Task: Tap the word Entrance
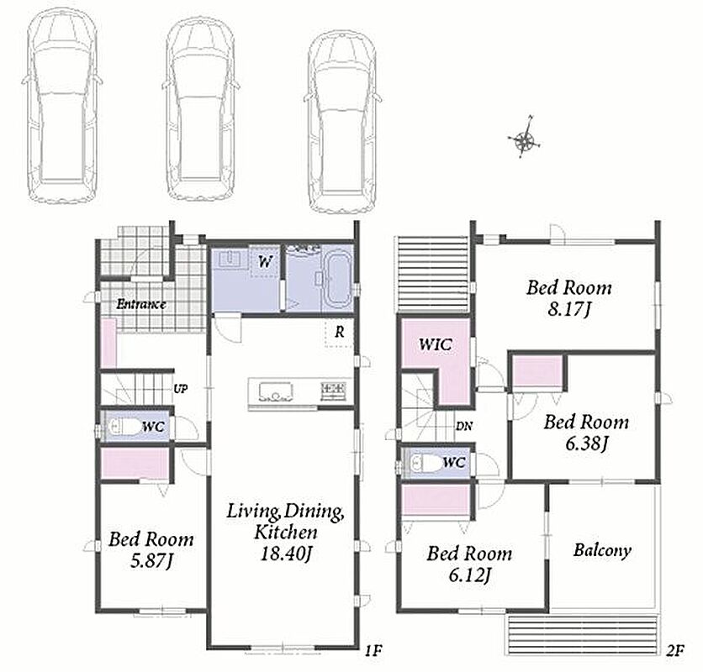pyautogui.click(x=141, y=305)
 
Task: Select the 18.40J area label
pyautogui.click(x=286, y=554)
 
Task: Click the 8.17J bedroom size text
pyautogui.click(x=568, y=309)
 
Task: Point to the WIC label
pyautogui.click(x=436, y=344)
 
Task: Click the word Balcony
pyautogui.click(x=602, y=550)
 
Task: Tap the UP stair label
pyautogui.click(x=180, y=389)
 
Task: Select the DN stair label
pyautogui.click(x=464, y=426)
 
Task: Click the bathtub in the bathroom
pyautogui.click(x=337, y=279)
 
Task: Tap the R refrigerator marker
pyautogui.click(x=340, y=332)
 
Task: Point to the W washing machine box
pyautogui.click(x=265, y=261)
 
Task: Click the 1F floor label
pyautogui.click(x=373, y=649)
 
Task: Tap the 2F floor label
pyautogui.click(x=674, y=650)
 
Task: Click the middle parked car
pyautogui.click(x=200, y=110)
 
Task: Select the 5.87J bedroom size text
pyautogui.click(x=151, y=561)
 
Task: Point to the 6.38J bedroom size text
pyautogui.click(x=586, y=444)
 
